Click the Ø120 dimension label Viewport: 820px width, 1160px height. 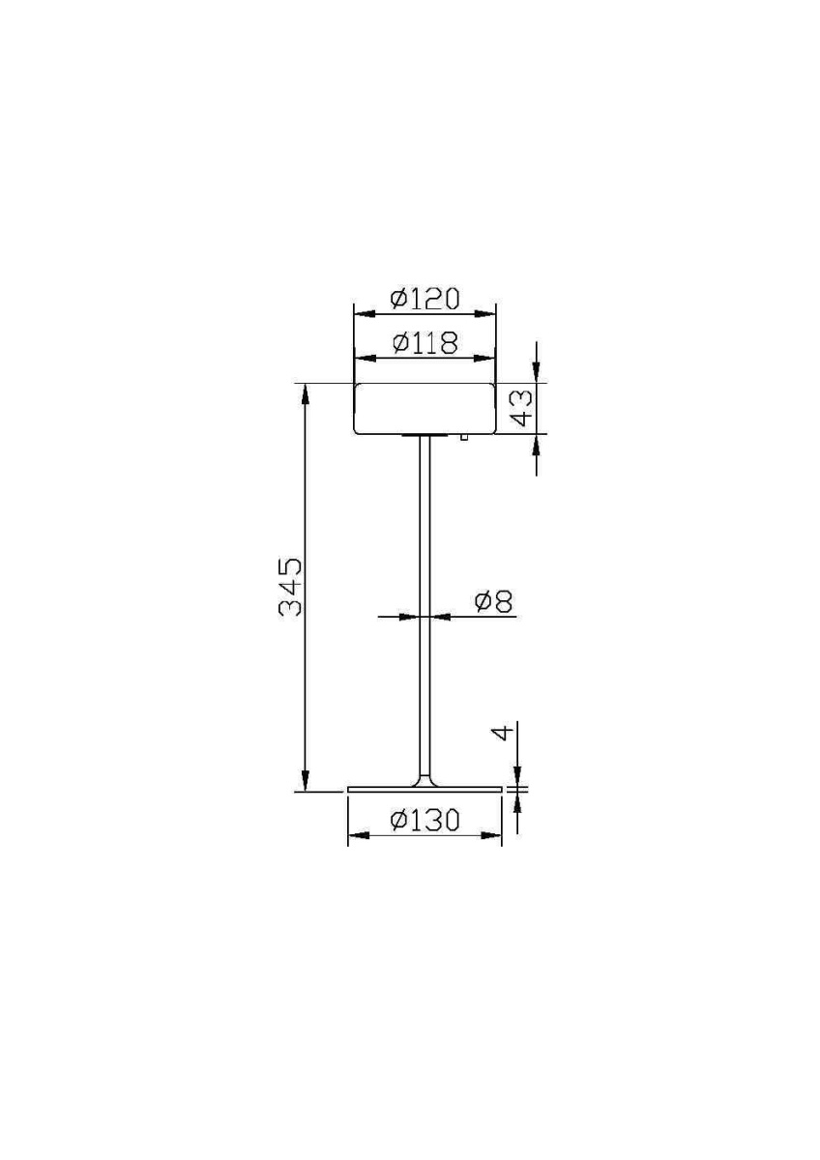click(x=425, y=299)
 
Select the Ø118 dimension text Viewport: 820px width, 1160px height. click(x=425, y=343)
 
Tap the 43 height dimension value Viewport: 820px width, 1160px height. click(x=521, y=407)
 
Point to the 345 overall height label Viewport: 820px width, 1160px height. click(x=291, y=587)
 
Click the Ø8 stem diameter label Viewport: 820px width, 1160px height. click(x=493, y=602)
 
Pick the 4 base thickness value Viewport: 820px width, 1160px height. click(x=501, y=734)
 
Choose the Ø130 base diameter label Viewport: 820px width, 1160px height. click(x=425, y=821)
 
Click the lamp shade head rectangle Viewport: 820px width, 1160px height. click(x=425, y=409)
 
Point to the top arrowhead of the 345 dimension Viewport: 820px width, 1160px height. click(x=306, y=391)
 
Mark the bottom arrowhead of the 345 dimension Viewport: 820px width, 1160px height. click(x=306, y=783)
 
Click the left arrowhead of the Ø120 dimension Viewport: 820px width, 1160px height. click(x=361, y=311)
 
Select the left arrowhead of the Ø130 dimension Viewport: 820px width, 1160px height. click(x=355, y=835)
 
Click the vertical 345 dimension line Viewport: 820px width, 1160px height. click(x=306, y=677)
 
